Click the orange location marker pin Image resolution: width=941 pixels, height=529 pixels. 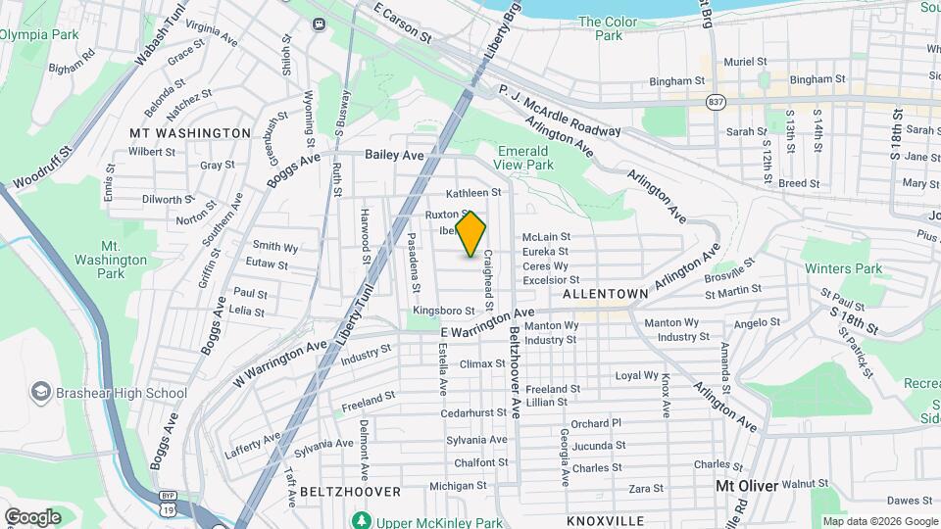471,234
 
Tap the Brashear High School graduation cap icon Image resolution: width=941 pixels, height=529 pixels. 40,393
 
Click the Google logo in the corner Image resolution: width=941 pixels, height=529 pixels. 32,517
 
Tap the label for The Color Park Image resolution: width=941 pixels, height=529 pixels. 608,28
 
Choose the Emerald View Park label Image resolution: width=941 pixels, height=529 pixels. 526,159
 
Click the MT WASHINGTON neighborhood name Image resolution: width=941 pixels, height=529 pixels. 190,132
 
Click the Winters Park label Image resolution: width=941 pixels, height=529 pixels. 843,268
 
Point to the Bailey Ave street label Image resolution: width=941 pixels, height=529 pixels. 394,155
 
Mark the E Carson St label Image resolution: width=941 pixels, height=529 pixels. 403,21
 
